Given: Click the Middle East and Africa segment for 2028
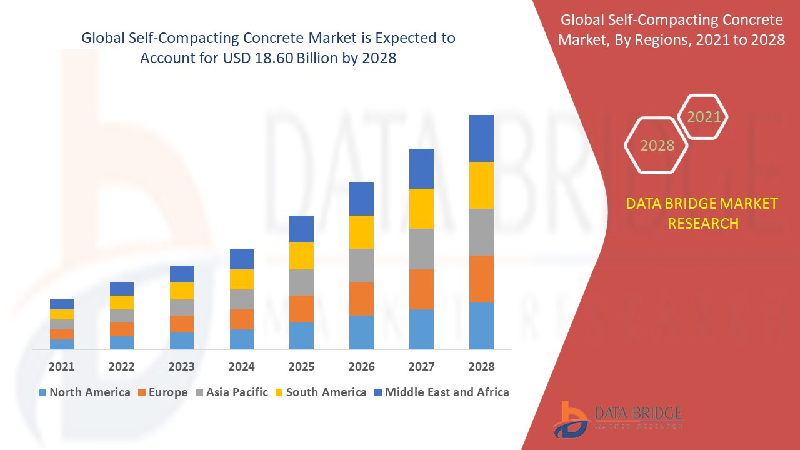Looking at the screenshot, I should pos(481,138).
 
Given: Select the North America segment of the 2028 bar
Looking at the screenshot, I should pos(481,326).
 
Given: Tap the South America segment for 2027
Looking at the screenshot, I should pos(421,209).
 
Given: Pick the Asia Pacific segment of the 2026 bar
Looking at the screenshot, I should pos(361,266).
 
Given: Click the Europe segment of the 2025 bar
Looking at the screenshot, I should pos(301,309).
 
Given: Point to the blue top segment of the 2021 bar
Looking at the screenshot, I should pos(62,304).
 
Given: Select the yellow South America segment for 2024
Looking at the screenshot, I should pos(241,279).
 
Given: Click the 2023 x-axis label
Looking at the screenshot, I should pos(181,367).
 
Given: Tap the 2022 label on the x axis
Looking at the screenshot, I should pos(121,367).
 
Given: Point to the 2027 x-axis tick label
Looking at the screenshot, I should pos(421,367).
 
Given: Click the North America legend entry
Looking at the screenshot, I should pos(84,392).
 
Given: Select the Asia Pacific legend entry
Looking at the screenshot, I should pos(231,392).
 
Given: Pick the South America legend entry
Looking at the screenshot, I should pos(319,392).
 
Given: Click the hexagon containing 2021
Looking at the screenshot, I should pos(704,117).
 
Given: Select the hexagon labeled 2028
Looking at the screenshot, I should pos(657,146).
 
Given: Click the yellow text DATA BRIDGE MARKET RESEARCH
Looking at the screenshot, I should pos(702,214).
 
